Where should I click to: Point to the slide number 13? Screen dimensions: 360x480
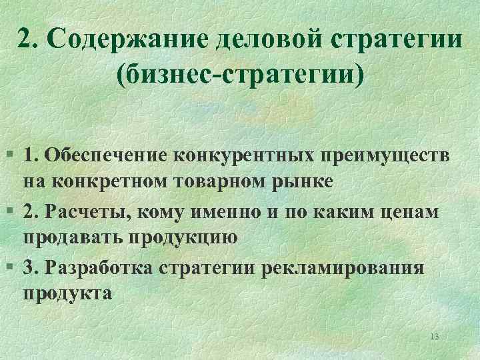click(x=435, y=336)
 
